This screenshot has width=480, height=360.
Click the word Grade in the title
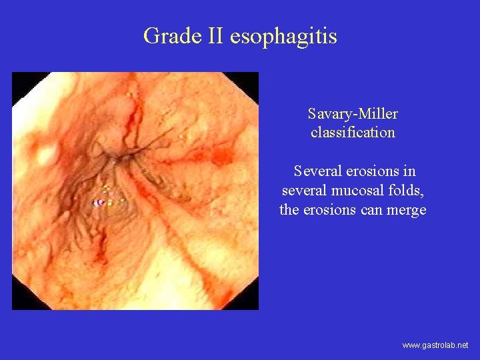[163, 36]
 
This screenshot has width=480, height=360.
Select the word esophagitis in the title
[283, 36]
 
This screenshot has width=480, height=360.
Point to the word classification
[353, 132]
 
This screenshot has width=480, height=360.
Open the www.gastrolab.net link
[435, 345]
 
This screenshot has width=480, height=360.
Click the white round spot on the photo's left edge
[47, 156]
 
